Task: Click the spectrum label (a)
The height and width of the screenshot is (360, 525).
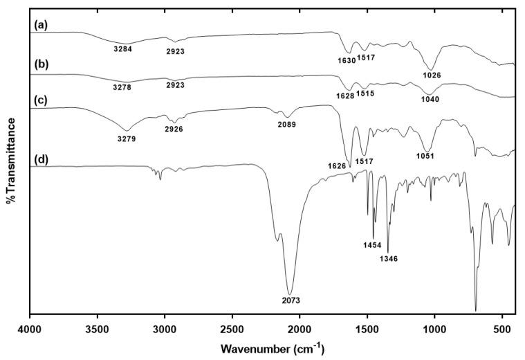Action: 40,25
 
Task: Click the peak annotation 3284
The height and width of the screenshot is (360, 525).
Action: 122,49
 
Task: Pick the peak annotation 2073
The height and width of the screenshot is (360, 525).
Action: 291,300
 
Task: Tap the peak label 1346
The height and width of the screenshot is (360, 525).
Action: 387,259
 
